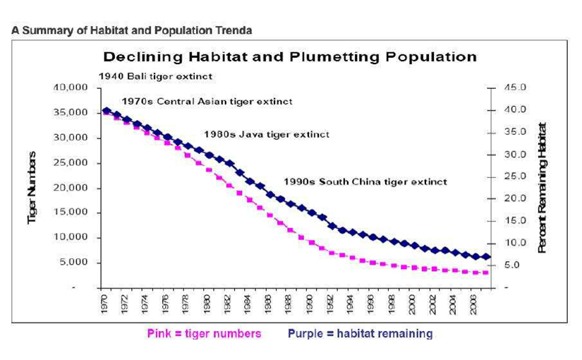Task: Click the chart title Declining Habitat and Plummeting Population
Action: coord(290,56)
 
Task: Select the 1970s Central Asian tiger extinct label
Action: coord(207,101)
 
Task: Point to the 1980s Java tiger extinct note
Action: coord(267,133)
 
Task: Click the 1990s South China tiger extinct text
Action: coord(365,181)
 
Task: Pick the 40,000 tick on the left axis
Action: coord(69,88)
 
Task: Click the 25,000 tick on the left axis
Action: coord(69,162)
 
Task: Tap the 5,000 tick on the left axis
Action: coord(72,262)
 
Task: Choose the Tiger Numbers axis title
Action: coord(32,188)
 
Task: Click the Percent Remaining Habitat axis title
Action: coord(542,188)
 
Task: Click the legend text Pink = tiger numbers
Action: coord(204,333)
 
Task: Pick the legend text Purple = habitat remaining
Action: coord(360,333)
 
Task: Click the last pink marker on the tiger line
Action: coord(485,272)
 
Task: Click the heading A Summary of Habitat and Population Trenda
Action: coord(131,30)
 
